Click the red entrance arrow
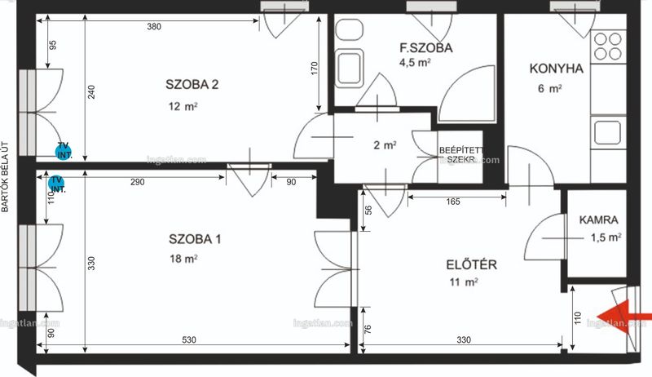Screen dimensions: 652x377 (x=623, y=317)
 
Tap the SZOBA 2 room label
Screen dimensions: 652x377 (x=192, y=85)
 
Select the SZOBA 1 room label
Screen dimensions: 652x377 (x=195, y=239)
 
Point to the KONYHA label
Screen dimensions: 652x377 (x=557, y=69)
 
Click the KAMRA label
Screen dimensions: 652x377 (x=599, y=220)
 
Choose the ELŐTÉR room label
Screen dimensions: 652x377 (x=472, y=264)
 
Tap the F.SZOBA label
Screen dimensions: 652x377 (x=426, y=48)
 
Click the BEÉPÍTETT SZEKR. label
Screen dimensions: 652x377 (x=460, y=155)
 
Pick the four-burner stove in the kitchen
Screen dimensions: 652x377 (x=608, y=47)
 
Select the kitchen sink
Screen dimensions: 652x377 (x=607, y=132)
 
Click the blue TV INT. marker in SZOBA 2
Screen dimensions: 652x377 (x=64, y=151)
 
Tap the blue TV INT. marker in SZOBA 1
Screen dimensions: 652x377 (x=56, y=184)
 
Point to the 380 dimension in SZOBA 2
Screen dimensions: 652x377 (x=154, y=27)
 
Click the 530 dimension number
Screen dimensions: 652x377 (x=189, y=340)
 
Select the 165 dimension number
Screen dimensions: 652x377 (x=453, y=202)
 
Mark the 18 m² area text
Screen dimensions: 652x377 (x=183, y=259)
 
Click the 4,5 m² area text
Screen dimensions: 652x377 (x=415, y=63)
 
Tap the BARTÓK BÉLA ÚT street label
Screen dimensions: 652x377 (x=5, y=177)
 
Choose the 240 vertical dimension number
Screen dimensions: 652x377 (x=91, y=92)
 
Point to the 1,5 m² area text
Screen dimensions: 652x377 (x=606, y=237)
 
